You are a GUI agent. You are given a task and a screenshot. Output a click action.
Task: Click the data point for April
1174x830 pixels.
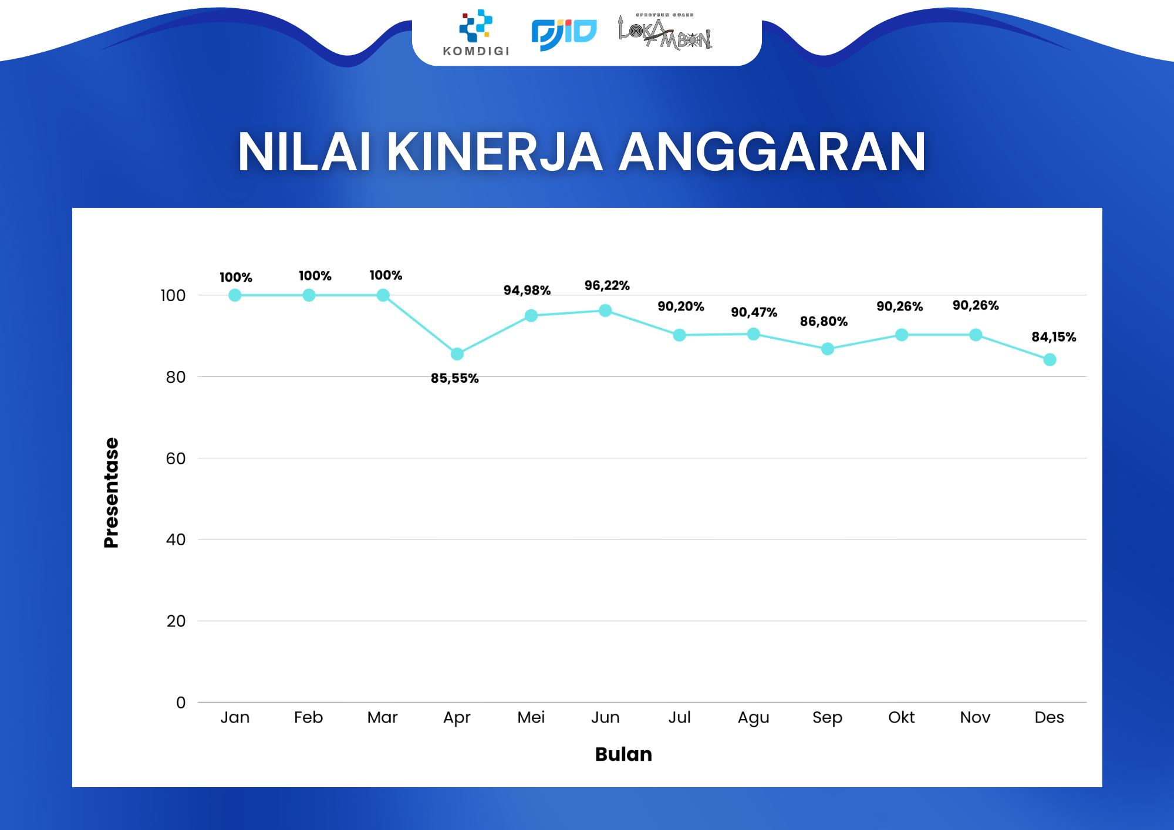pyautogui.click(x=457, y=354)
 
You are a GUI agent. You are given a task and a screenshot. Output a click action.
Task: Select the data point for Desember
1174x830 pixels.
pyautogui.click(x=1050, y=360)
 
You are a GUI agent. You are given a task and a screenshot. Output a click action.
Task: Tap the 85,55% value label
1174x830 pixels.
pyautogui.click(x=454, y=379)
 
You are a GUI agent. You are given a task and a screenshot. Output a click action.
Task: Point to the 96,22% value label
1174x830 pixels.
pyautogui.click(x=606, y=286)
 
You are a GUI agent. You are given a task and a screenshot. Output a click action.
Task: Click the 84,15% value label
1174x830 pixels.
pyautogui.click(x=1054, y=337)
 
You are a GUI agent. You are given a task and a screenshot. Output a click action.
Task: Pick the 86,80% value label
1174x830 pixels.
pyautogui.click(x=824, y=322)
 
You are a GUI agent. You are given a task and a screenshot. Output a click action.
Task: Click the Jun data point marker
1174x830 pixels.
pyautogui.click(x=605, y=311)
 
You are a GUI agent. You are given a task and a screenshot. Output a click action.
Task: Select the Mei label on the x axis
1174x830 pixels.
pyautogui.click(x=531, y=717)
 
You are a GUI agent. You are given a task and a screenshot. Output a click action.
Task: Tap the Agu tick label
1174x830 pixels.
pyautogui.click(x=753, y=718)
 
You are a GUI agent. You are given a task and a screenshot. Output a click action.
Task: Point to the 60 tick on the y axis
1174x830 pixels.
pyautogui.click(x=176, y=458)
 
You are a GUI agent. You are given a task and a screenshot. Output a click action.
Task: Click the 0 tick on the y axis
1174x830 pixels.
pyautogui.click(x=181, y=703)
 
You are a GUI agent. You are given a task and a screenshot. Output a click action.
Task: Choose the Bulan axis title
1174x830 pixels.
pyautogui.click(x=623, y=754)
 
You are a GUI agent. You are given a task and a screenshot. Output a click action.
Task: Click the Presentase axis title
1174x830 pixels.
pyautogui.click(x=111, y=492)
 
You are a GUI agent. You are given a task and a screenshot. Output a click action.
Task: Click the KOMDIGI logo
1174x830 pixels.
pyautogui.click(x=476, y=33)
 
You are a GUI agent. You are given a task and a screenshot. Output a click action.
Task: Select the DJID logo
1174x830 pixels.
pyautogui.click(x=564, y=35)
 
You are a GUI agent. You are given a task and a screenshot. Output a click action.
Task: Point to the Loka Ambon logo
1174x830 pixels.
pyautogui.click(x=665, y=32)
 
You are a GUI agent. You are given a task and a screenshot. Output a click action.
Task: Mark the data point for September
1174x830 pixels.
pyautogui.click(x=827, y=349)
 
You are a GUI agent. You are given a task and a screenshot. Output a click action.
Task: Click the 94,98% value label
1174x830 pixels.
pyautogui.click(x=527, y=291)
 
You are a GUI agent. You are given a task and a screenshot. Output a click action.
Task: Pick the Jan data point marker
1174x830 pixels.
pyautogui.click(x=235, y=295)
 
